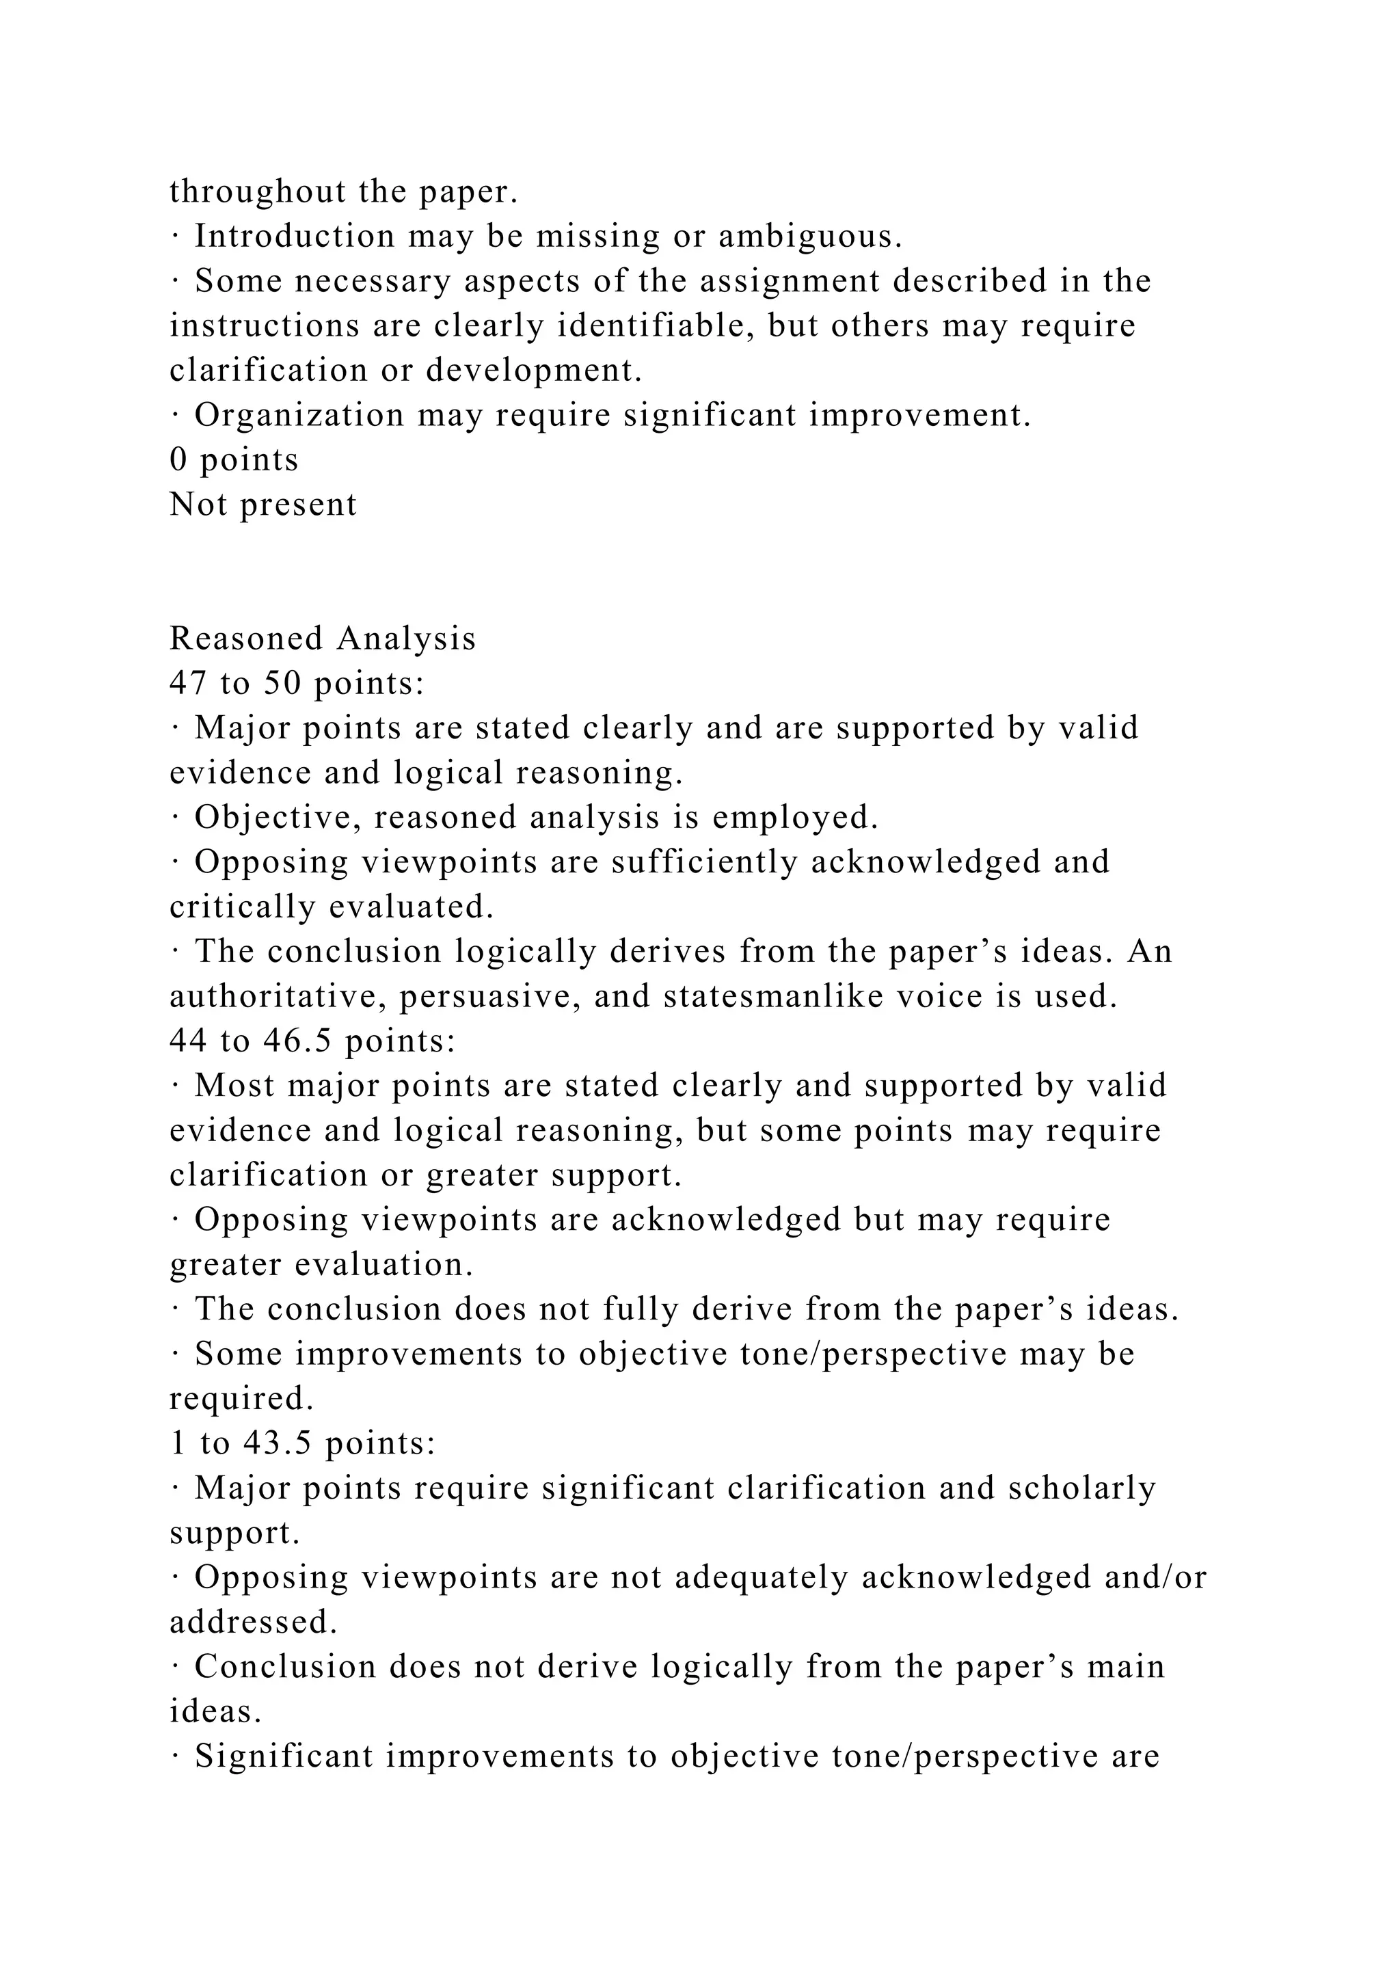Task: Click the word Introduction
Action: click(294, 237)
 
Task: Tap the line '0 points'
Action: click(234, 459)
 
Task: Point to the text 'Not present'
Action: click(263, 505)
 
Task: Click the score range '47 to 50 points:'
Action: click(297, 684)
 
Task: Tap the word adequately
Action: click(762, 1577)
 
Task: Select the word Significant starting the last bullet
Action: click(284, 1756)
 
